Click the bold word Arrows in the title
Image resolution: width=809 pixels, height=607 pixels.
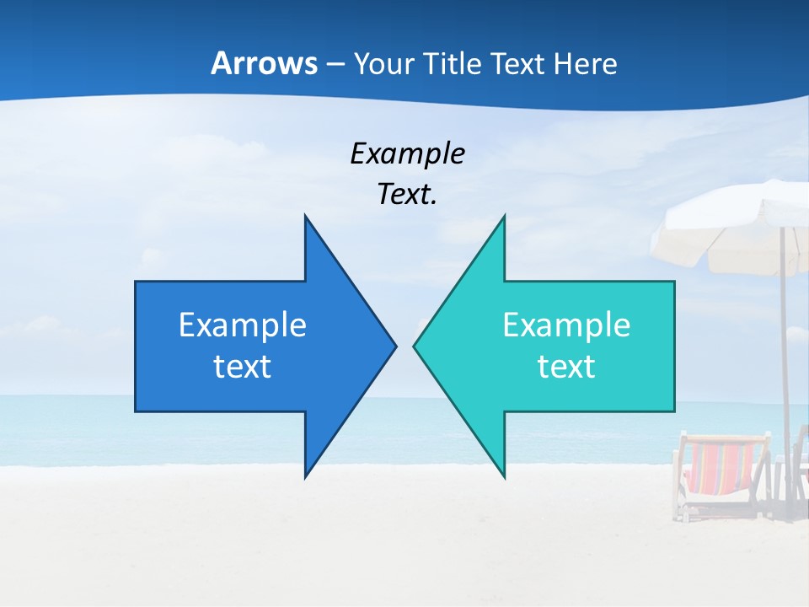(264, 63)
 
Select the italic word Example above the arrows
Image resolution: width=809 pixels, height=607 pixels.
(407, 153)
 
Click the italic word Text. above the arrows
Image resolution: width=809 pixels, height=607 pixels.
(407, 194)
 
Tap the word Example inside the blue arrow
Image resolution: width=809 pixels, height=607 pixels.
(243, 325)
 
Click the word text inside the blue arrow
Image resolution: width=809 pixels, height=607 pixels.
(243, 367)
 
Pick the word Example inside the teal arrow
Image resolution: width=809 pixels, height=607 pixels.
(566, 325)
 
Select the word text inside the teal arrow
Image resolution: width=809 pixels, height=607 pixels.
(566, 367)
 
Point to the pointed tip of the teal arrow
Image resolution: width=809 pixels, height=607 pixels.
(415, 346)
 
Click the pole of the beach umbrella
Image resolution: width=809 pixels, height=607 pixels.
(785, 354)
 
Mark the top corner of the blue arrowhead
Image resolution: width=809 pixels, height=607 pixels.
(305, 217)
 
